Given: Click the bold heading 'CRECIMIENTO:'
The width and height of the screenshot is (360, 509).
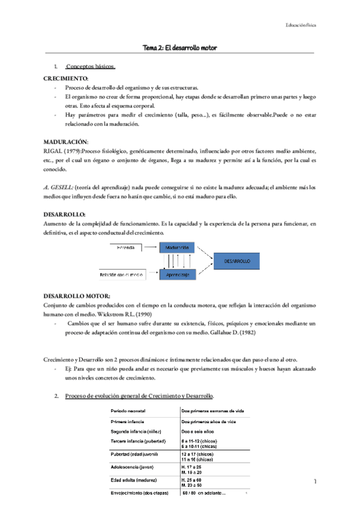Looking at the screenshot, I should [66, 79].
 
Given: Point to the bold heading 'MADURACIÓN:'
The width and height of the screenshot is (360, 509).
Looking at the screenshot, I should [65, 140].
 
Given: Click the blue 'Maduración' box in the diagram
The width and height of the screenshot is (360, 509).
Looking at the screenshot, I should [178, 247].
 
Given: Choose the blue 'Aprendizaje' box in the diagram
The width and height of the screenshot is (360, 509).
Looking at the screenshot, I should [178, 274].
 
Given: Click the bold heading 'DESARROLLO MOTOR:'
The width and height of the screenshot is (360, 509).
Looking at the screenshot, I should [77, 296].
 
